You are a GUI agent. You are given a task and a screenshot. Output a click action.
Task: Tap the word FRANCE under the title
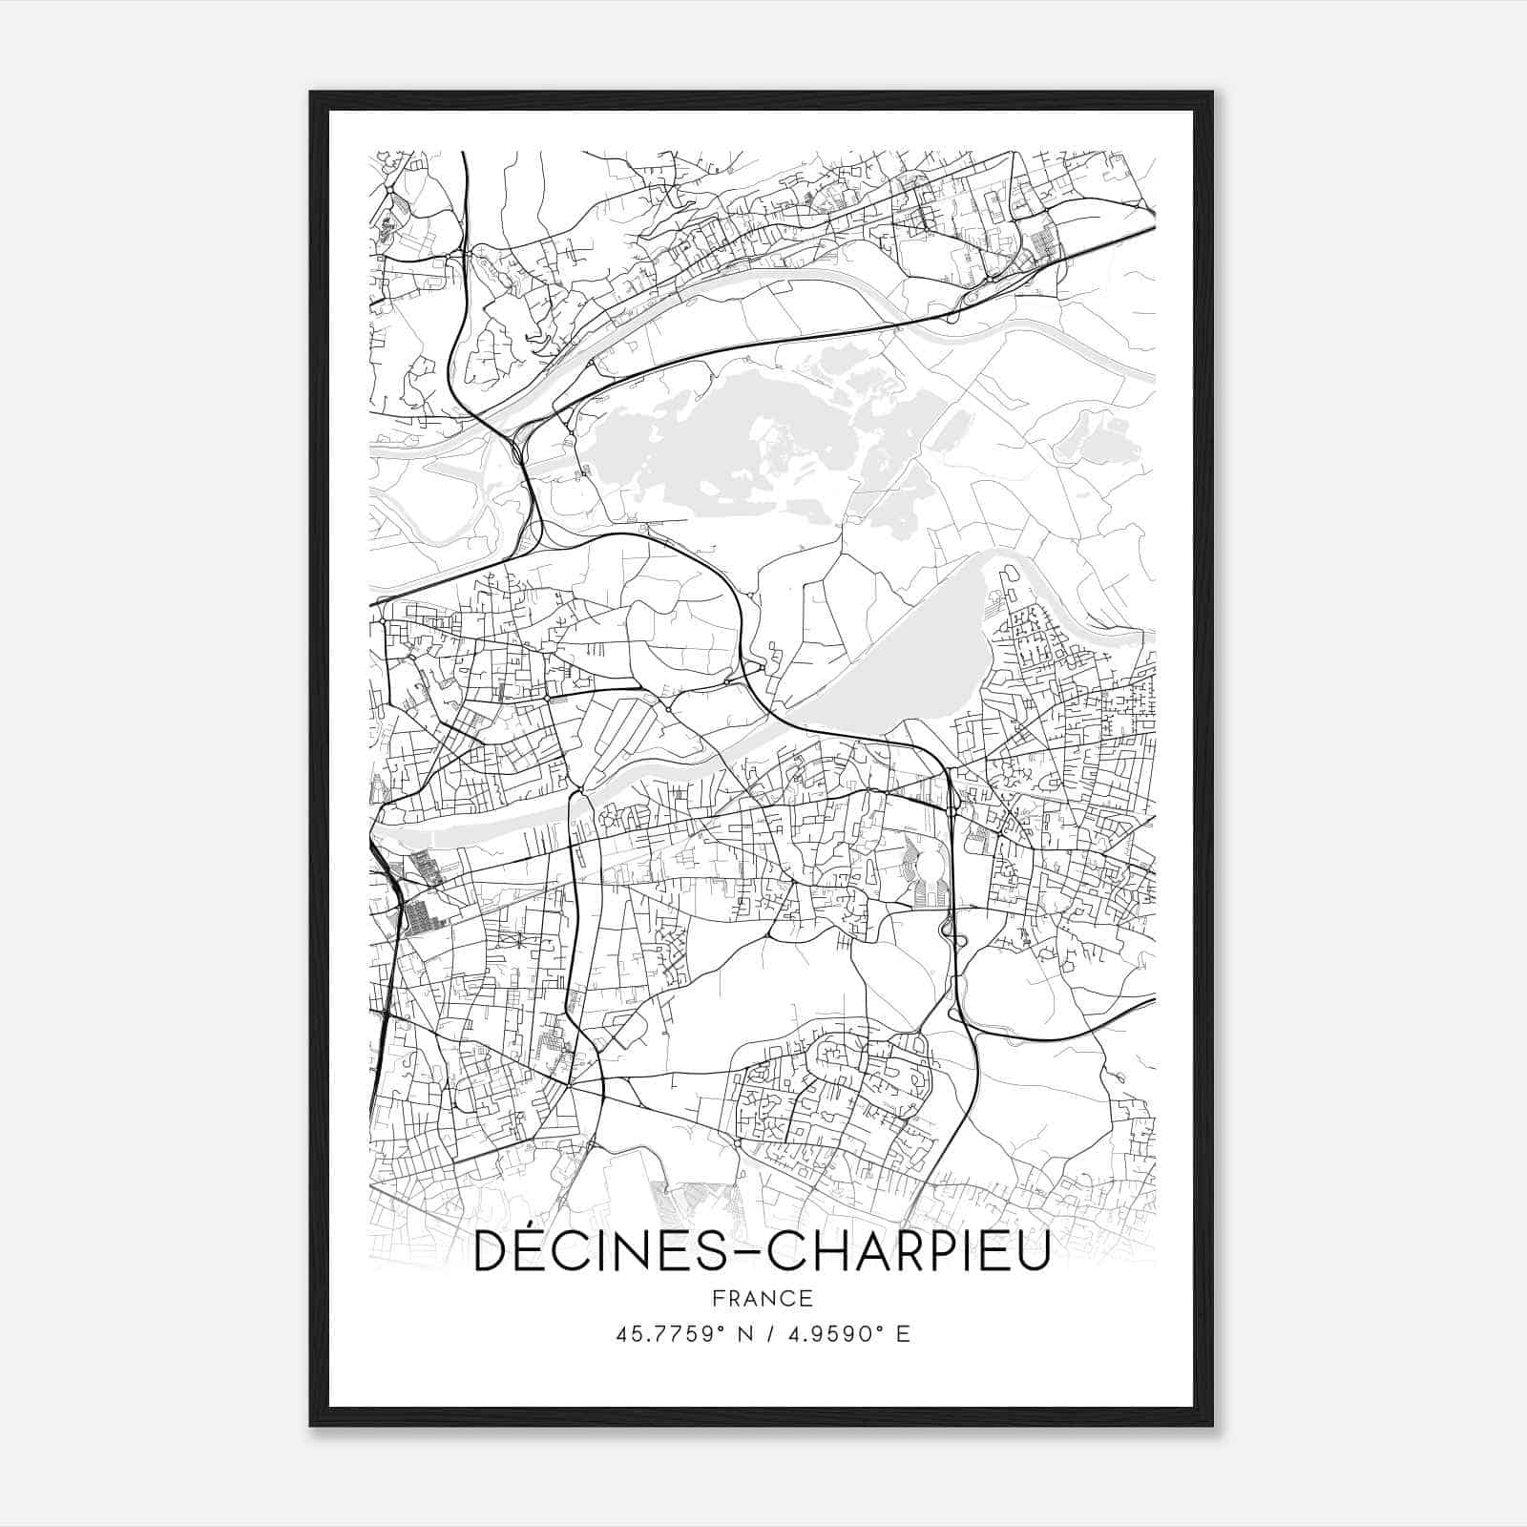763,1299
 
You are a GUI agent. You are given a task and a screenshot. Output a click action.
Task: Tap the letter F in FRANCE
719,1299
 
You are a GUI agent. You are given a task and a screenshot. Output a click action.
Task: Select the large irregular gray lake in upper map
706,439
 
